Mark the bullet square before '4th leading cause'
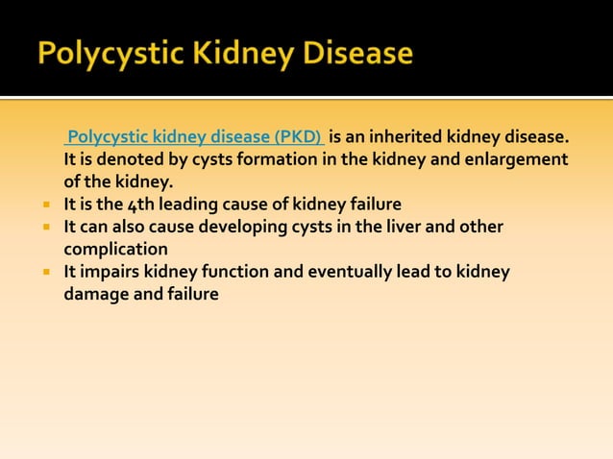coord(44,205)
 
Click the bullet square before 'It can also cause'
coord(44,228)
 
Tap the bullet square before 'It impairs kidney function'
coord(44,273)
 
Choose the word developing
coord(233,227)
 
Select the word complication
coord(115,250)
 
